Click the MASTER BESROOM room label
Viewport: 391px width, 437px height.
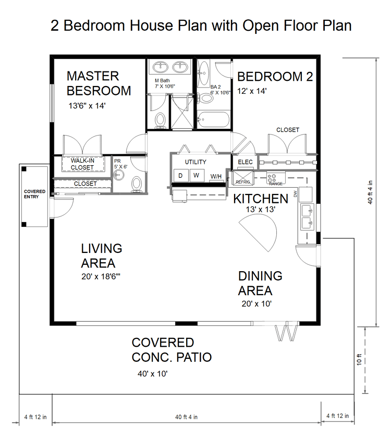(x=99, y=83)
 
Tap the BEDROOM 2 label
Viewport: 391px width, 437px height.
(x=275, y=77)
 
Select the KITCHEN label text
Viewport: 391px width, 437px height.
(x=260, y=199)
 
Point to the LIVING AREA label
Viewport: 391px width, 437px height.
(x=102, y=256)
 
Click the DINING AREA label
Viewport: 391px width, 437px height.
(x=260, y=283)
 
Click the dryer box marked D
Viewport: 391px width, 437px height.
(x=180, y=176)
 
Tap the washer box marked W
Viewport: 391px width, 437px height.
(x=197, y=176)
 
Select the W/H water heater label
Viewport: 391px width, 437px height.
(x=216, y=177)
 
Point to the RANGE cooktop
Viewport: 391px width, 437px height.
(x=275, y=179)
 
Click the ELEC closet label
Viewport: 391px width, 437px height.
(x=245, y=162)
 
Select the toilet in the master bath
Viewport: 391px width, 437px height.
(x=161, y=119)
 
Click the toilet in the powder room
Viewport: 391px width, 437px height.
(x=137, y=184)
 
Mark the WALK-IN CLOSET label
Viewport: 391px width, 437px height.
(x=82, y=164)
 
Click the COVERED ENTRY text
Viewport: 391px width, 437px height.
(x=35, y=195)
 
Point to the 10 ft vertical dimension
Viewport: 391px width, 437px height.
(x=359, y=359)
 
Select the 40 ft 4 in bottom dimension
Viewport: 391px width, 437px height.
(x=186, y=417)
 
